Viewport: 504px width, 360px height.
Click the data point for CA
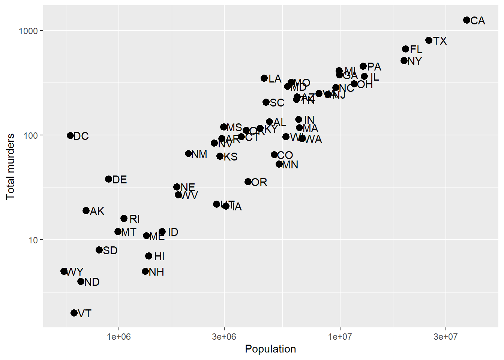point(466,20)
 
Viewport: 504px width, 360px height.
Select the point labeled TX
point(429,40)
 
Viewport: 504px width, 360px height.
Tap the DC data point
point(70,135)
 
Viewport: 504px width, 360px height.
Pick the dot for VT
point(74,313)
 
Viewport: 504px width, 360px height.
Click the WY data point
point(64,271)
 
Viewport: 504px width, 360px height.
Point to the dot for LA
point(264,78)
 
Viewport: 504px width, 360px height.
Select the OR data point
point(248,181)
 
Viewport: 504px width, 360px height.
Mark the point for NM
point(188,153)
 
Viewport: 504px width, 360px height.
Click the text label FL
point(416,49)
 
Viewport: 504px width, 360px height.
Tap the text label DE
point(120,180)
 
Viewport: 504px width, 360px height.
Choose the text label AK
point(97,211)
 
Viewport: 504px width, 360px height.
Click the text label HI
point(159,256)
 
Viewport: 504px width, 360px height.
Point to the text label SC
point(277,103)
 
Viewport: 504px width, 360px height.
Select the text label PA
point(374,67)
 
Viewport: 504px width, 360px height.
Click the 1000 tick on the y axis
point(28,31)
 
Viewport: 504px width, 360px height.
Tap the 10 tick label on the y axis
point(33,240)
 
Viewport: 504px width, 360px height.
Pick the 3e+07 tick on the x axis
point(445,336)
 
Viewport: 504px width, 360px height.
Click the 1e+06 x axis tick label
point(119,336)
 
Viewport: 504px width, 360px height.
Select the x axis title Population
point(270,349)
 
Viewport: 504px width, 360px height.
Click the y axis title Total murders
point(10,166)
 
